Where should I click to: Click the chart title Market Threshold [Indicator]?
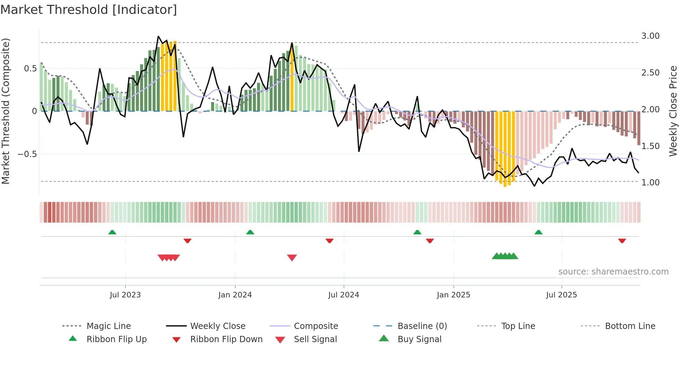[x=89, y=10]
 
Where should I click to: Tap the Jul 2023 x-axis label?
[x=125, y=295]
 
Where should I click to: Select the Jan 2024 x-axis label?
[x=235, y=295]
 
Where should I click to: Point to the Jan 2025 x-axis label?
[x=453, y=295]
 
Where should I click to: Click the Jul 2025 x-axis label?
[x=561, y=295]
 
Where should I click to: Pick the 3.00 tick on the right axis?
[x=650, y=36]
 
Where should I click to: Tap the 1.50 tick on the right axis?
[x=650, y=146]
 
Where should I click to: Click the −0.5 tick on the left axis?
[x=27, y=154]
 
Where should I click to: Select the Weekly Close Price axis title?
[x=673, y=111]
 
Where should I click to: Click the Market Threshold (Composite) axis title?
[x=6, y=111]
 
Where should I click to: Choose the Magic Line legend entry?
[x=108, y=326]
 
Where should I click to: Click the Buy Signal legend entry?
[x=419, y=339]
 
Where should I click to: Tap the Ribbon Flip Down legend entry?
[x=226, y=339]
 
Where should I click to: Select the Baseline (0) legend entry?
[x=422, y=326]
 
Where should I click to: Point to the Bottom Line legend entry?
[x=630, y=326]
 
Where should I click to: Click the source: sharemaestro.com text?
[x=613, y=272]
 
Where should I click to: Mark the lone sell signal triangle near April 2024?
[x=292, y=258]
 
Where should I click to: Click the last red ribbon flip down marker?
[x=622, y=241]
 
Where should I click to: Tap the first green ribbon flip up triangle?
[x=112, y=232]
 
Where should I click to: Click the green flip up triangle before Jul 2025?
[x=538, y=232]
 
